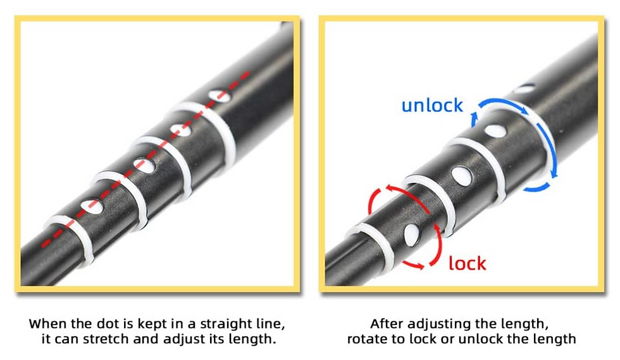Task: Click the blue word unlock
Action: pos(431,105)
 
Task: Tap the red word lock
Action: pos(468,263)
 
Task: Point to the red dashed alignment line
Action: pos(146,159)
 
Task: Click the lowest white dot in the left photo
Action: pos(92,206)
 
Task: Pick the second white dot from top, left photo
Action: pos(180,129)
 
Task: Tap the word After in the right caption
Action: pos(387,324)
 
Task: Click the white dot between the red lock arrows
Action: pos(412,235)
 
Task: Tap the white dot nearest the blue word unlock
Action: pos(495,131)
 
